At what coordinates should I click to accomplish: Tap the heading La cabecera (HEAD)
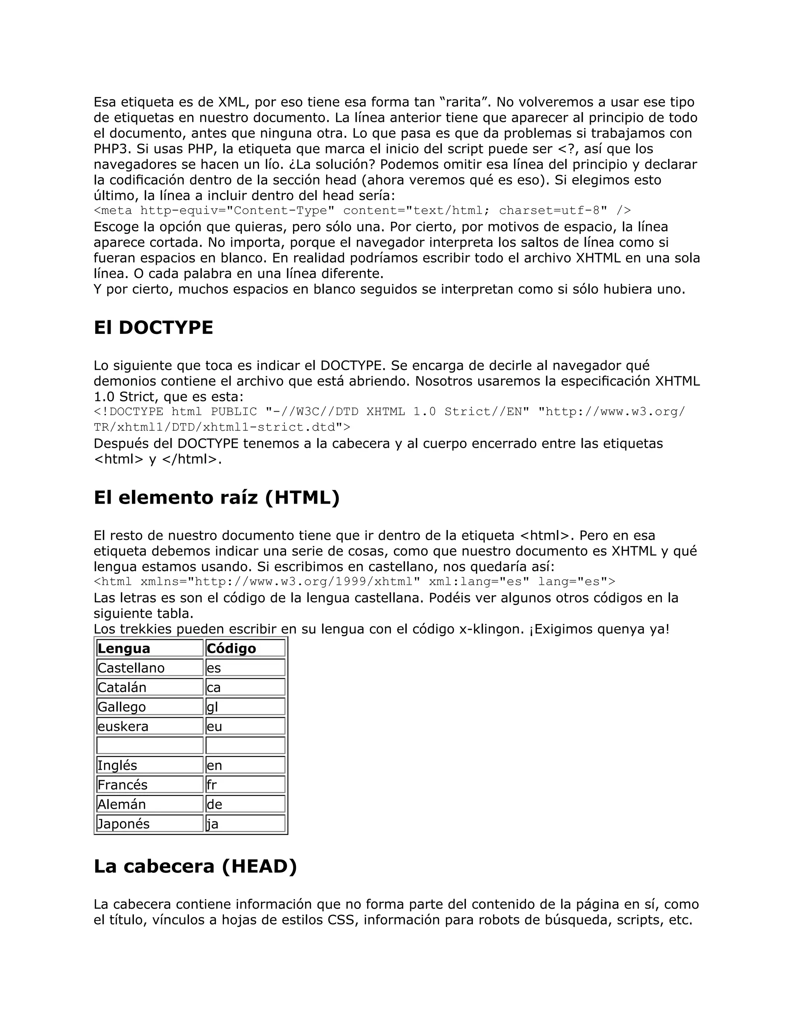click(195, 866)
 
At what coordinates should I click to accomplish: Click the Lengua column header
click(149, 648)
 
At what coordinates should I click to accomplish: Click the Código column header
click(245, 648)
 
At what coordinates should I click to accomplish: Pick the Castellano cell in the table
click(149, 667)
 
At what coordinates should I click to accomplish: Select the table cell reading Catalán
click(149, 687)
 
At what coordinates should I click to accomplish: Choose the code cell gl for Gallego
click(245, 707)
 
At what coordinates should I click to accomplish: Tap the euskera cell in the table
click(149, 726)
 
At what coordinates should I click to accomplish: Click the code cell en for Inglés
click(245, 765)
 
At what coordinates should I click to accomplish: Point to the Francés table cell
click(149, 784)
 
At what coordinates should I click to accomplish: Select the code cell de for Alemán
click(245, 804)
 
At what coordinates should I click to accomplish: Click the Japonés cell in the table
click(149, 824)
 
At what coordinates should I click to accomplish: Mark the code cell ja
click(245, 824)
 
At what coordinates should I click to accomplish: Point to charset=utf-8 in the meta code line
click(549, 210)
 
